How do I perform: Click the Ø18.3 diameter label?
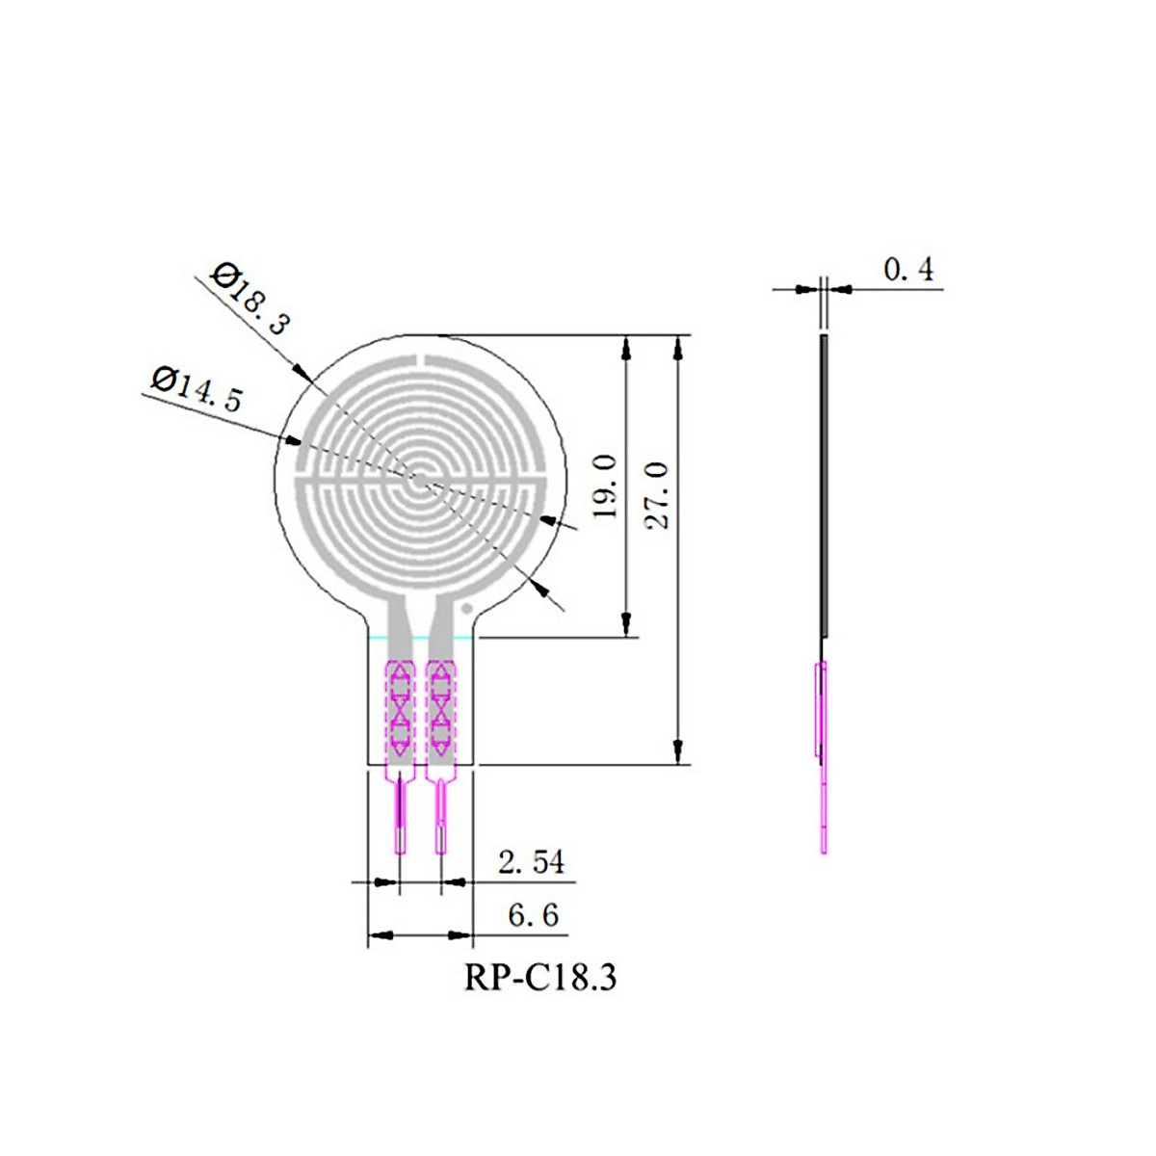pos(250,299)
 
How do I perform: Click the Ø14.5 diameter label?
pos(197,387)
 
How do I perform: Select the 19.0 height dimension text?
pos(605,486)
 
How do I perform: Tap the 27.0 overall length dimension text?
pos(658,494)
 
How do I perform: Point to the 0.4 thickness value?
pos(908,270)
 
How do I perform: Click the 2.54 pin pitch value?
pos(531,861)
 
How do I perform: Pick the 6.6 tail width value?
pos(533,914)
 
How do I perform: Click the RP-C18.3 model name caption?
pos(539,977)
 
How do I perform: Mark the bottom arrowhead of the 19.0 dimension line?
pos(627,624)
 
